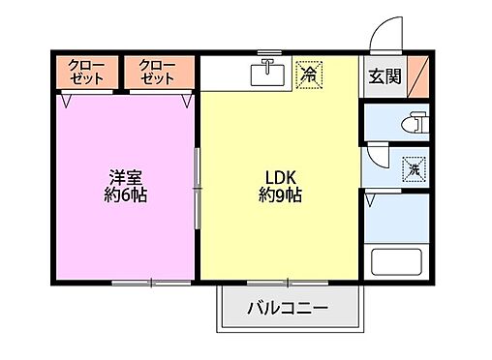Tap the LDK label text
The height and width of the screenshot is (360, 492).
pyautogui.click(x=280, y=177)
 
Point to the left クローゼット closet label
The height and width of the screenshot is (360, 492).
pyautogui.click(x=87, y=73)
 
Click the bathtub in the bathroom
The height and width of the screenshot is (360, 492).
pyautogui.click(x=398, y=263)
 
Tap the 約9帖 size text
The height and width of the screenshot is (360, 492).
pyautogui.click(x=280, y=195)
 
